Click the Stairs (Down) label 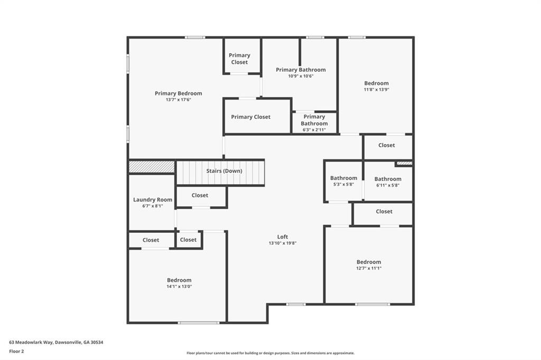pyautogui.click(x=224, y=171)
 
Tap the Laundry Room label pyautogui.click(x=153, y=200)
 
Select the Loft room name pyautogui.click(x=283, y=236)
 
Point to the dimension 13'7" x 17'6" pyautogui.click(x=179, y=100)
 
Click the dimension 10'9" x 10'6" pyautogui.click(x=301, y=76)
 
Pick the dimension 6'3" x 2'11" pyautogui.click(x=314, y=130)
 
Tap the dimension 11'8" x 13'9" pyautogui.click(x=376, y=89)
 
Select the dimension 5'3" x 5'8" pyautogui.click(x=343, y=184)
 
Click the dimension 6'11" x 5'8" pyautogui.click(x=388, y=185)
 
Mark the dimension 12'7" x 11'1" pyautogui.click(x=369, y=268)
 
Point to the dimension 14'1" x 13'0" pyautogui.click(x=179, y=286)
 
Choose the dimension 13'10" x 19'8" pyautogui.click(x=283, y=243)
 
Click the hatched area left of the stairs pyautogui.click(x=152, y=167)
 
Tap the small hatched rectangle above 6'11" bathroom pyautogui.click(x=404, y=163)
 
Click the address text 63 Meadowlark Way pyautogui.click(x=31, y=343)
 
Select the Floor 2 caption pyautogui.click(x=16, y=352)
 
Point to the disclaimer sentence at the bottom pyautogui.click(x=270, y=353)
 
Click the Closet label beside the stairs pyautogui.click(x=200, y=195)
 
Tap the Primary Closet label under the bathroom pyautogui.click(x=251, y=117)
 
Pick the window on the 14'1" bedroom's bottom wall pyautogui.click(x=199, y=323)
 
